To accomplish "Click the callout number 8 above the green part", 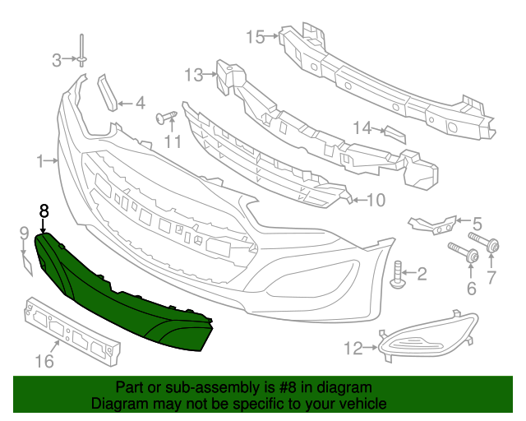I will [44, 210].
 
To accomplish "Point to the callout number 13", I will [193, 76].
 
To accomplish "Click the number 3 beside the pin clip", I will [57, 59].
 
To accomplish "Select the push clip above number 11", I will [168, 117].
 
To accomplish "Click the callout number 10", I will [375, 200].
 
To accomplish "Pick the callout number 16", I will [44, 361].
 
